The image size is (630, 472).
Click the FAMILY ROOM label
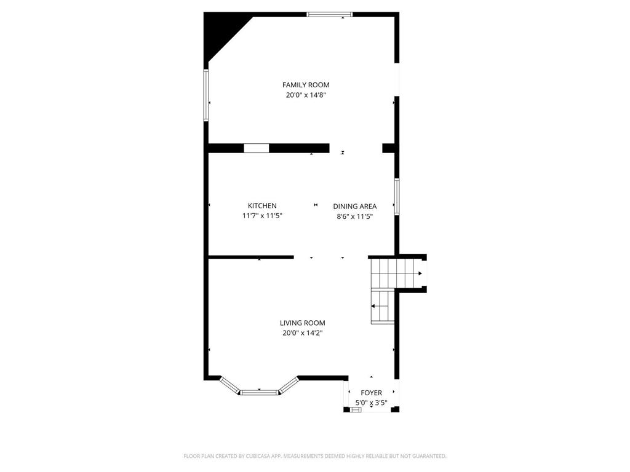click(x=306, y=85)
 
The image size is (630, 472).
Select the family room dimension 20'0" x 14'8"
click(x=306, y=95)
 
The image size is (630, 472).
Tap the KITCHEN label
click(x=262, y=206)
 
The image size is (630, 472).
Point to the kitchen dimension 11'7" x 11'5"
click(x=262, y=216)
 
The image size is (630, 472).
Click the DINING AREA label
click(x=355, y=206)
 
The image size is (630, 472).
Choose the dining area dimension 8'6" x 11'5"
click(x=355, y=216)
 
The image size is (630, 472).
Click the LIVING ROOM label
click(x=302, y=323)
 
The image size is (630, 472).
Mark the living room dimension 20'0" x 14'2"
click(x=302, y=333)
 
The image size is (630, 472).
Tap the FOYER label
click(x=371, y=393)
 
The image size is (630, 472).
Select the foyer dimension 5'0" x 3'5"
click(x=371, y=403)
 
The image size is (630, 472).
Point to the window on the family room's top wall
click(x=330, y=14)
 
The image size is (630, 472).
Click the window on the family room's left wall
click(x=206, y=95)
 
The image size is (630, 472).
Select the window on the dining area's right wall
click(x=397, y=197)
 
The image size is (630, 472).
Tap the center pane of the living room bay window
click(x=259, y=391)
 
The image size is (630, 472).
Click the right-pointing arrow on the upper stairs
click(x=420, y=273)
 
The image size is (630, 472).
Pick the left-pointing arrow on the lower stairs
click(x=373, y=305)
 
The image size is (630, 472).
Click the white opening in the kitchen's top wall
click(x=257, y=147)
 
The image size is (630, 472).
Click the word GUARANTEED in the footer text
click(x=427, y=456)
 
